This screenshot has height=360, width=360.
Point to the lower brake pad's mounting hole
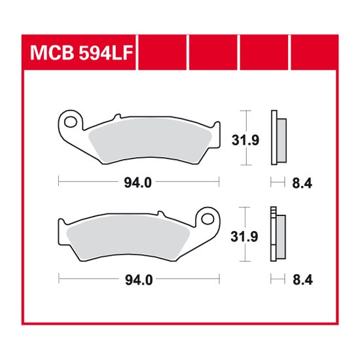(x=209, y=217)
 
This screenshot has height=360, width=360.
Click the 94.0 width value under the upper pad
(x=139, y=184)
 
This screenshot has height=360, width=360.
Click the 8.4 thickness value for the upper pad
(x=301, y=184)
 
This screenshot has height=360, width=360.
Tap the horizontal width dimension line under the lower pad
(x=92, y=279)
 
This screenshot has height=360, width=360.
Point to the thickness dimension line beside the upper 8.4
(x=277, y=183)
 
